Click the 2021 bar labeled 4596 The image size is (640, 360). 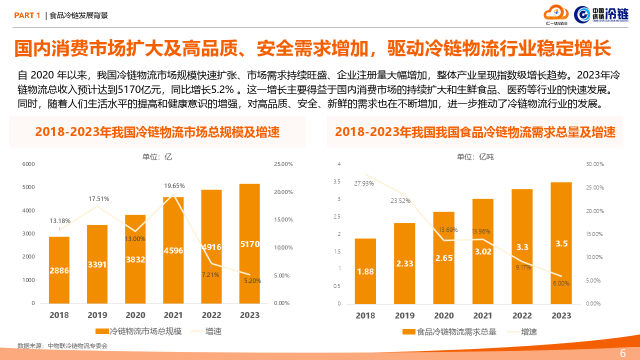(x=173, y=250)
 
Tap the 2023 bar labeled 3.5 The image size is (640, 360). (x=561, y=243)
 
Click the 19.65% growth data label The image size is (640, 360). (x=174, y=186)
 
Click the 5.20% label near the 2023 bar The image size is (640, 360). (x=252, y=281)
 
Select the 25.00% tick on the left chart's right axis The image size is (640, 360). (x=283, y=164)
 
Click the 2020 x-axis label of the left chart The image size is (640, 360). (x=135, y=315)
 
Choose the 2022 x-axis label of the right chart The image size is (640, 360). (x=522, y=315)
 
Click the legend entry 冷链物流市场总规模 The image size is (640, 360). (x=138, y=331)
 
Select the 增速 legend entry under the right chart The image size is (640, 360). (x=522, y=331)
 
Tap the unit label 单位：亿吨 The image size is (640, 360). (x=475, y=157)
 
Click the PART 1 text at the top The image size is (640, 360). (x=27, y=15)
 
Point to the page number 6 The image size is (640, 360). (x=622, y=353)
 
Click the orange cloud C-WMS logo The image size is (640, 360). (x=556, y=14)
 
